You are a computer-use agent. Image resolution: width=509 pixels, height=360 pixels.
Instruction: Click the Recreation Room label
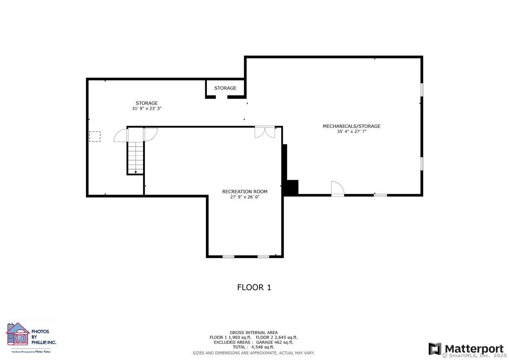point(245,192)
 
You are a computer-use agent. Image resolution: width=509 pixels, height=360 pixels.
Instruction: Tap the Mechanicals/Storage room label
point(352,126)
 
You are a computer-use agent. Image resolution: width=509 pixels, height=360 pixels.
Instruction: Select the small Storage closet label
point(225,88)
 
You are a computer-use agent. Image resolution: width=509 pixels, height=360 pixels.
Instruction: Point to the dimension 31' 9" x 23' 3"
point(147,109)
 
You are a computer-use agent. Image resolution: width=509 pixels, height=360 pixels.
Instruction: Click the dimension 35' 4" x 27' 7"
point(352,131)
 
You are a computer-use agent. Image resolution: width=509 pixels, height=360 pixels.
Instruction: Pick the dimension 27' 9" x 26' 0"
point(245,197)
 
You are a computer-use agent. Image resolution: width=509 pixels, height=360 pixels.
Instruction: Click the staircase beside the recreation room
point(136,158)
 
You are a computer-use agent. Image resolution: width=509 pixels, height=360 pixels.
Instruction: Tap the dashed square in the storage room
point(95,136)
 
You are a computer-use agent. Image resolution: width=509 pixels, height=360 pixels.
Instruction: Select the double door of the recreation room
point(265,132)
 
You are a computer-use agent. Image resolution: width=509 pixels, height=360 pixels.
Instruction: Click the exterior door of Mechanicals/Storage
point(338,189)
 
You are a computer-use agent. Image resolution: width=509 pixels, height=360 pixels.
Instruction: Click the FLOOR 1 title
point(254,287)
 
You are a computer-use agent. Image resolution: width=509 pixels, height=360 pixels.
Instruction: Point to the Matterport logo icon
point(435,348)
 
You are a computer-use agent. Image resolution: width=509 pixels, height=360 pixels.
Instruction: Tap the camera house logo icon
point(18,334)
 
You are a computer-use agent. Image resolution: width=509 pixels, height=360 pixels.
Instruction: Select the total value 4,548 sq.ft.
point(263,347)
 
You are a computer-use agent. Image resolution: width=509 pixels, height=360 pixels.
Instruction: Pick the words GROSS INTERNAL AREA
point(254,333)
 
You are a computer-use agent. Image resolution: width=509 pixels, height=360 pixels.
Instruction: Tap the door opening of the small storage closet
point(221,97)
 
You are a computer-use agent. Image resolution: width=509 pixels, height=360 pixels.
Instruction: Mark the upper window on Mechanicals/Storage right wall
point(422,90)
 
